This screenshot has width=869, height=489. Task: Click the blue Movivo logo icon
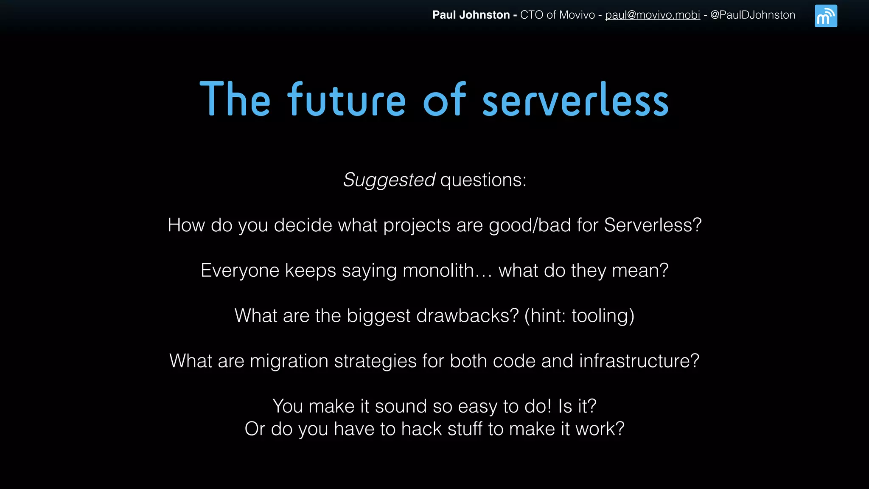pos(826,16)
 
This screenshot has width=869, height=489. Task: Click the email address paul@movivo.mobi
pos(652,15)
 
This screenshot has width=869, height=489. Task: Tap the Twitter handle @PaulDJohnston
pos(752,15)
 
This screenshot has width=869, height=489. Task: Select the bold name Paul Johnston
pos(471,15)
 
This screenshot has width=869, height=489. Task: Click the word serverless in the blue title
pos(575,100)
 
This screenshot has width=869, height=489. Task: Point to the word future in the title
pos(347,100)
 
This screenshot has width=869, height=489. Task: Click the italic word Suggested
pos(389,180)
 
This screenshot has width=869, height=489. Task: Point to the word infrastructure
pos(639,361)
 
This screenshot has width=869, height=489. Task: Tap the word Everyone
pos(240,271)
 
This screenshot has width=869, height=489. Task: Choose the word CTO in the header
pos(531,15)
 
